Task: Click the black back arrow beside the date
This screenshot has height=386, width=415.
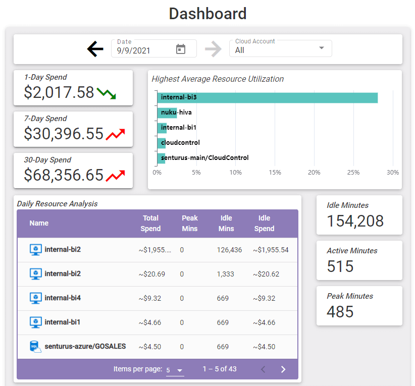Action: pos(95,49)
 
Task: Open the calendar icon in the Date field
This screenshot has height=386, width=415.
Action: pos(181,49)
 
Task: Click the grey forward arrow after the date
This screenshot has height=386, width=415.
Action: pos(214,49)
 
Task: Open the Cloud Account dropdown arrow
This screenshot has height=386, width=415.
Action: pos(322,48)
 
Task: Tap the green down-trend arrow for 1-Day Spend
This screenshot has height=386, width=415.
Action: pos(107,93)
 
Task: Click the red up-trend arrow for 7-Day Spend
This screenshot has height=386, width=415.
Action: pos(116,134)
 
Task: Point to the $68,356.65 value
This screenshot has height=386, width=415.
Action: pos(64,175)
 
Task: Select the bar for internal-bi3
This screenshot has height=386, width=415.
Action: pos(267,97)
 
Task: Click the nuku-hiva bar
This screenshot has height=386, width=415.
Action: pos(167,113)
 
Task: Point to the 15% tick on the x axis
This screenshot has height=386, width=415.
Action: pos(275,173)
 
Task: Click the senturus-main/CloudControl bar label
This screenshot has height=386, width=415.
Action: pos(205,158)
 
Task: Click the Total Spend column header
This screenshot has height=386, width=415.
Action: pos(150,224)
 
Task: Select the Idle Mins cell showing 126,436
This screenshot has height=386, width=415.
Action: pos(229,250)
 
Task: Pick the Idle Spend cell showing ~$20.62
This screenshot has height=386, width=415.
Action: pos(266,274)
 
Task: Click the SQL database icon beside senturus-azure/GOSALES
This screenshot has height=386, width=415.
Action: pos(35,347)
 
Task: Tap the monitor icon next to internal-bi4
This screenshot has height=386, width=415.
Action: pos(35,298)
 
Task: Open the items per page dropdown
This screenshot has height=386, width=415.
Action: pos(175,370)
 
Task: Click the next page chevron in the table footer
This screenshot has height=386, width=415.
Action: pos(283,369)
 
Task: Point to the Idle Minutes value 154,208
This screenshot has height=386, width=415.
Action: pos(355,221)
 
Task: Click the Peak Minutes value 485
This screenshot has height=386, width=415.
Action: pos(340,312)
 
